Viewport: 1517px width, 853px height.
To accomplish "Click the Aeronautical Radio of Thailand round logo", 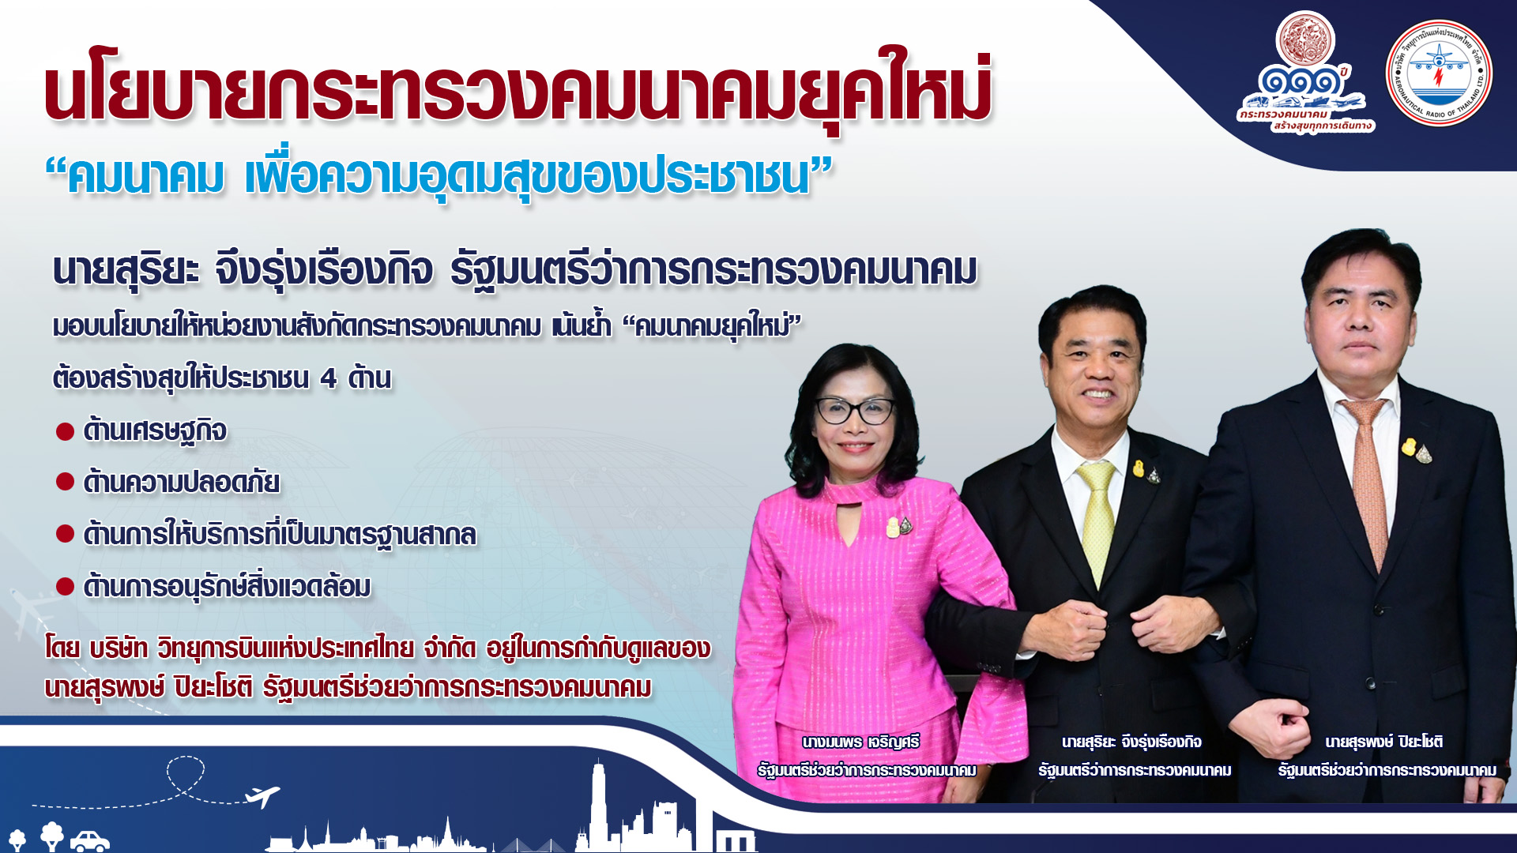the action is (1439, 73).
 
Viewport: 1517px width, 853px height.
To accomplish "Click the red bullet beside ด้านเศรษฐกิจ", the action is (65, 431).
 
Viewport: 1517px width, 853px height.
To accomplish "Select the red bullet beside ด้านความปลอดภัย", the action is (65, 482).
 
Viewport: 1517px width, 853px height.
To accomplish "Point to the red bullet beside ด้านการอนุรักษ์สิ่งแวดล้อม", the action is (65, 587).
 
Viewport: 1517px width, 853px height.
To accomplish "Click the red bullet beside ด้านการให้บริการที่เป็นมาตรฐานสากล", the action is (65, 534).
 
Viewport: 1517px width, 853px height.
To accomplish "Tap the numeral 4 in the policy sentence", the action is (329, 379).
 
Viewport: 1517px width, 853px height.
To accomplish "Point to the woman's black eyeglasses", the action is (856, 410).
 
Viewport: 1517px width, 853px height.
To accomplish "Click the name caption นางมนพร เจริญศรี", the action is (860, 742).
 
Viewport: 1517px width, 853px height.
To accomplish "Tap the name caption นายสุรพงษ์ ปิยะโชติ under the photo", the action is (1384, 742).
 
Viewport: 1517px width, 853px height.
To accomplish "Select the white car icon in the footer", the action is (90, 840).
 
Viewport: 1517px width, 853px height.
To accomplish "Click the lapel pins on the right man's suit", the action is (1416, 449).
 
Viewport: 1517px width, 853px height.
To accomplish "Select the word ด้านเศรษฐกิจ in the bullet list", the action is (155, 431).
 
